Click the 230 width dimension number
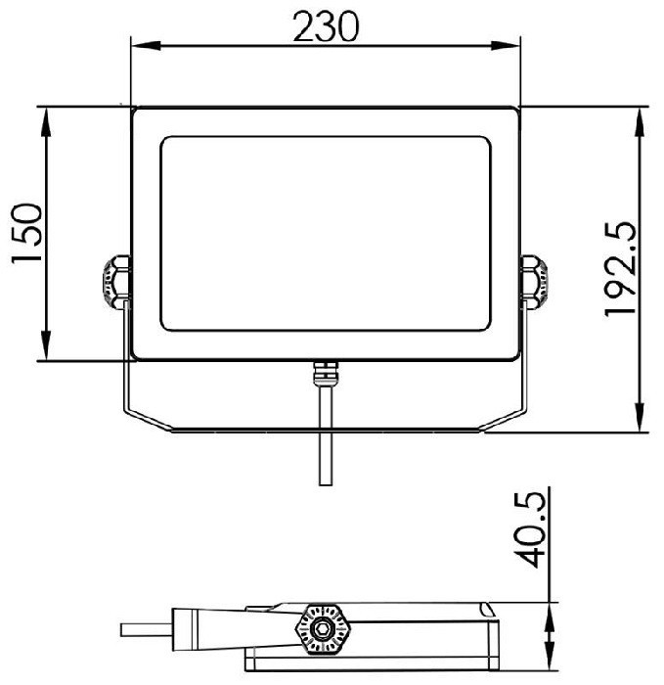click(326, 27)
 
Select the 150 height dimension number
click(27, 233)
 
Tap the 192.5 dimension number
click(620, 269)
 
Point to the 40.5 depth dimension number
click(530, 530)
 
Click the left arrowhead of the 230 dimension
click(146, 45)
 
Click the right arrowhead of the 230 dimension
click(506, 45)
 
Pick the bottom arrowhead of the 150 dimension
click(46, 345)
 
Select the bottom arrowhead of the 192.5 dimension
click(640, 417)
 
